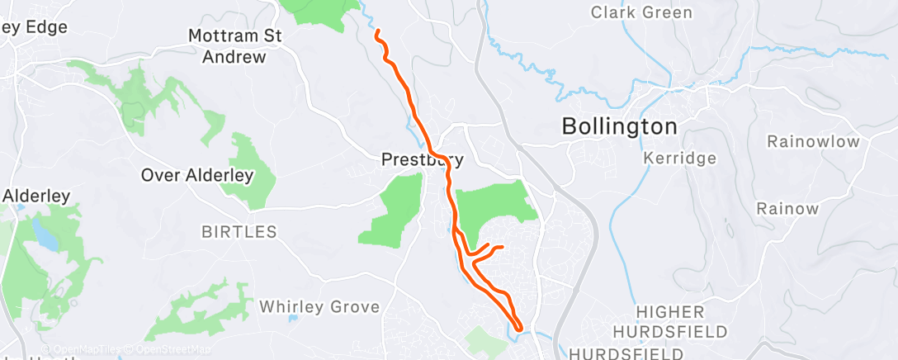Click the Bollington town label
tap(619, 127)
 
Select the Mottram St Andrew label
tap(235, 46)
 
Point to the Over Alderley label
tap(196, 175)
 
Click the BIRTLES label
tap(239, 232)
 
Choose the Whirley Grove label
tap(319, 307)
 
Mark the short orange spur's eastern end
tap(502, 246)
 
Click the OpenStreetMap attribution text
tap(174, 350)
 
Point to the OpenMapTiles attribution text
tap(86, 350)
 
